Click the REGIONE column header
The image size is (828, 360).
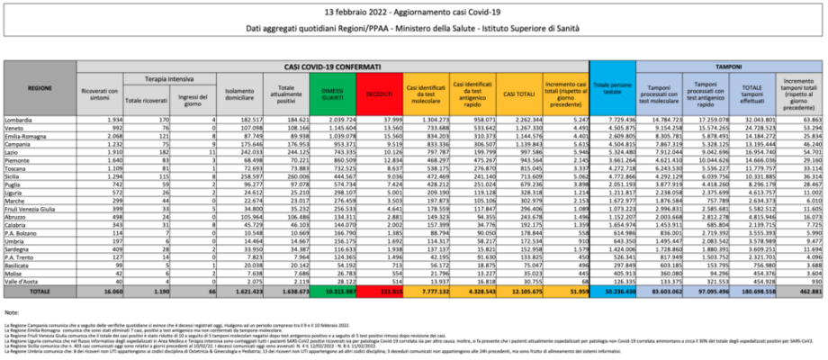tap(40, 90)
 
